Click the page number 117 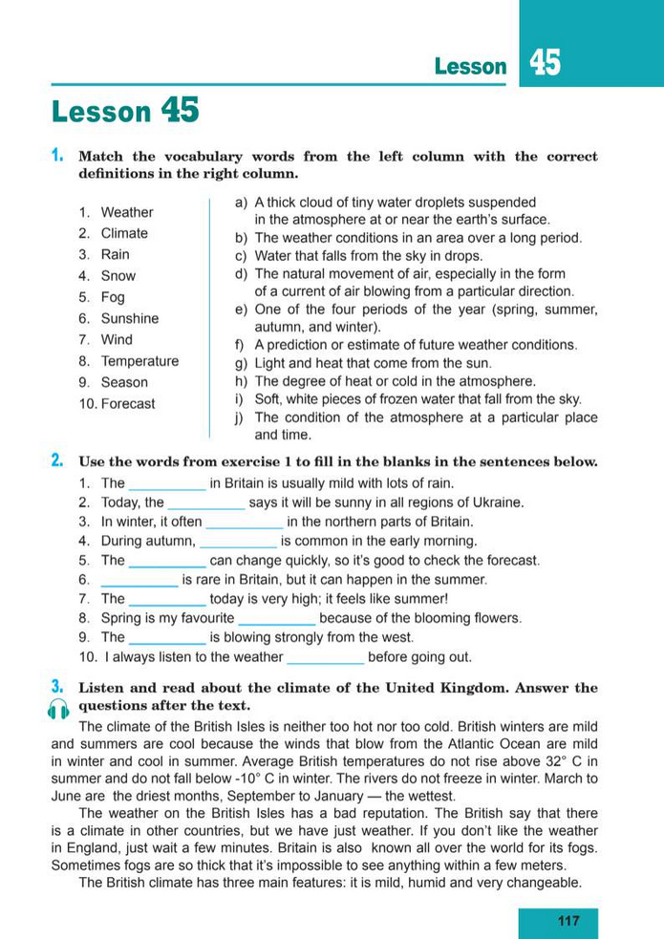tap(568, 921)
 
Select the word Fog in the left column tap(113, 297)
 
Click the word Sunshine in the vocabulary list tap(130, 318)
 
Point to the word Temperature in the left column tap(139, 361)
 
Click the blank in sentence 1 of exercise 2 tap(167, 484)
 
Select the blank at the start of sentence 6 tap(139, 580)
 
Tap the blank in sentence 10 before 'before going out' tap(326, 657)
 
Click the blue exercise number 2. tap(57, 460)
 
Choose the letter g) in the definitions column tap(241, 363)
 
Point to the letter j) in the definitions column tap(241, 417)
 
